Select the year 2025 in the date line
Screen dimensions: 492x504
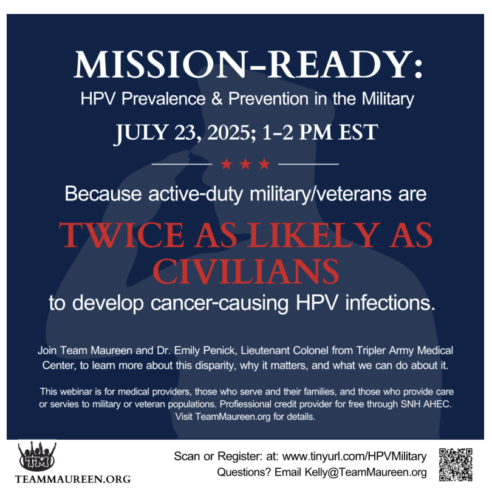pos(229,132)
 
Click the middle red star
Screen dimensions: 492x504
pos(245,164)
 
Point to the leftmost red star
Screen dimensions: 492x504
pos(227,164)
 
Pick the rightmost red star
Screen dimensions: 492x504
pos(264,164)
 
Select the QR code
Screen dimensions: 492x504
pos(456,464)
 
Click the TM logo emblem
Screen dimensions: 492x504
pos(37,457)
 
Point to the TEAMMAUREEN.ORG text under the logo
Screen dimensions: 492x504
pos(73,479)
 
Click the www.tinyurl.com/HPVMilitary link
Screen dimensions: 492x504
pos(354,456)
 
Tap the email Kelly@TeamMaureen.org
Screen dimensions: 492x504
pos(366,472)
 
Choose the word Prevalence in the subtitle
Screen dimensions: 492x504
pos(163,98)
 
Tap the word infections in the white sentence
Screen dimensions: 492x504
pos(390,303)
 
